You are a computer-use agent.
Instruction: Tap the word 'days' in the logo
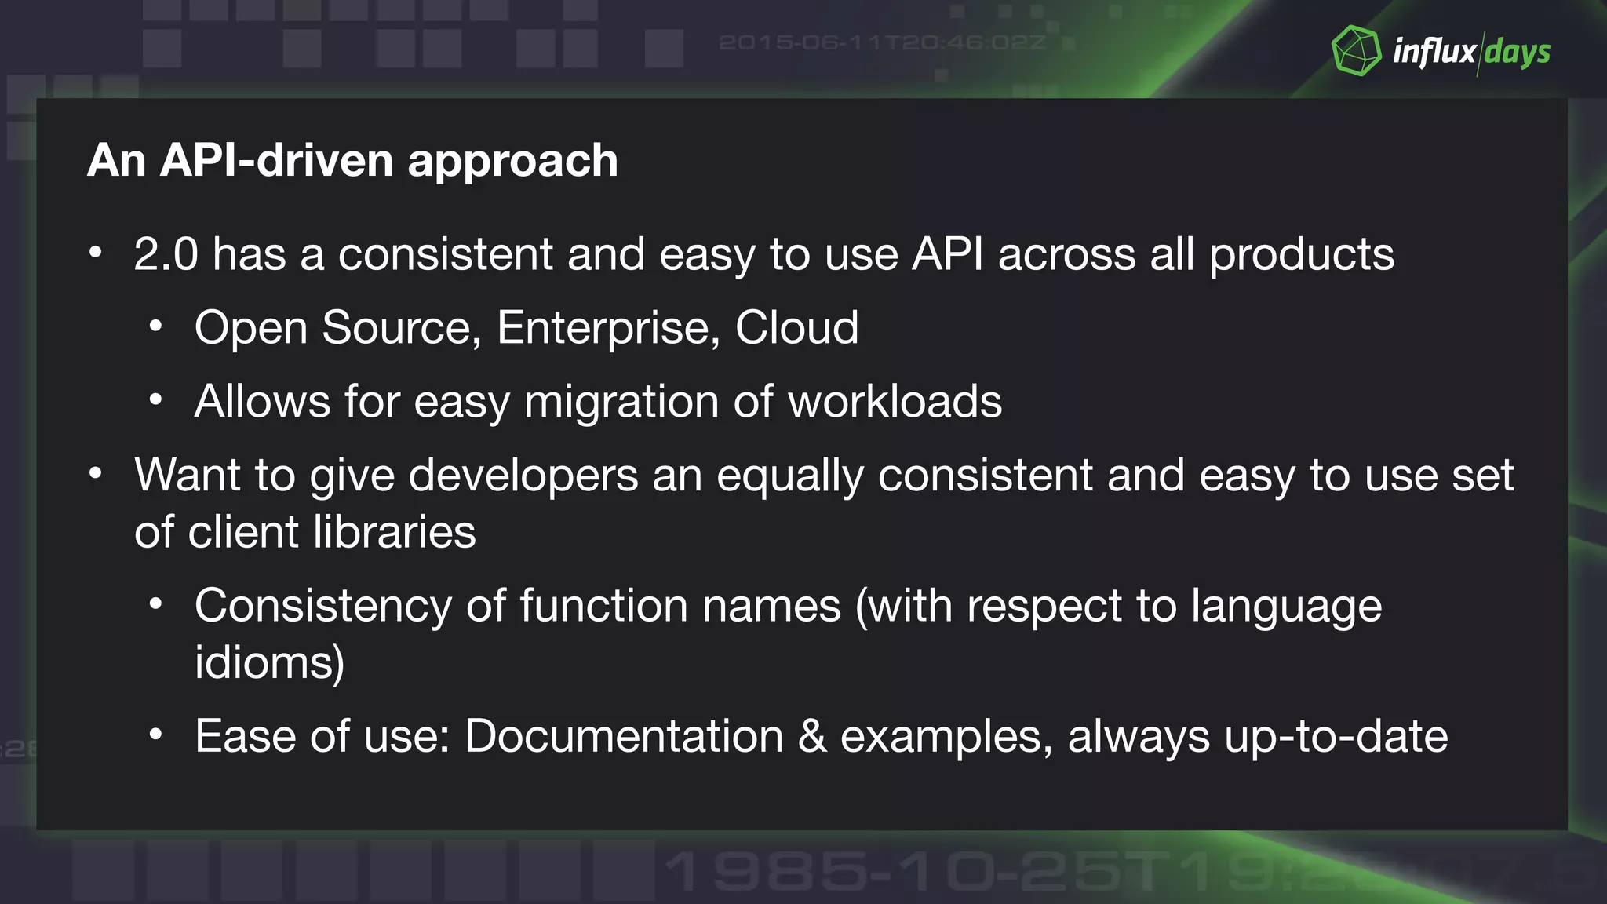coord(1518,53)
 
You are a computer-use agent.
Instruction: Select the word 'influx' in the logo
coord(1434,52)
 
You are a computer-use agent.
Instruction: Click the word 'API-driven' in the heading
coord(277,161)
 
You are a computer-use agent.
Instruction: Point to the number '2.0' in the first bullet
coord(166,254)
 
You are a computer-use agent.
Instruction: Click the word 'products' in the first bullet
coord(1301,256)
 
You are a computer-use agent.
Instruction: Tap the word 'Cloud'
coord(796,327)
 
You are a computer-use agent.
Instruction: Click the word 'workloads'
coord(895,402)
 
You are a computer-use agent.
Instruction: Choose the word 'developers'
coord(523,476)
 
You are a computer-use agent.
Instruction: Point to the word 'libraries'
coord(395,533)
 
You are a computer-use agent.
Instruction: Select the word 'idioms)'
coord(269,663)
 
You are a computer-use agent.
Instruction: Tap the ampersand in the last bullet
coord(812,737)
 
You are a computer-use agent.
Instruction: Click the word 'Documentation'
coord(624,737)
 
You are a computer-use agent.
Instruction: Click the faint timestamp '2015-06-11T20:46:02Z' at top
coord(882,42)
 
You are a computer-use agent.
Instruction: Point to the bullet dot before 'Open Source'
coord(156,326)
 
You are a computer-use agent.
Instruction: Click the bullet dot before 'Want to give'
coord(96,474)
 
